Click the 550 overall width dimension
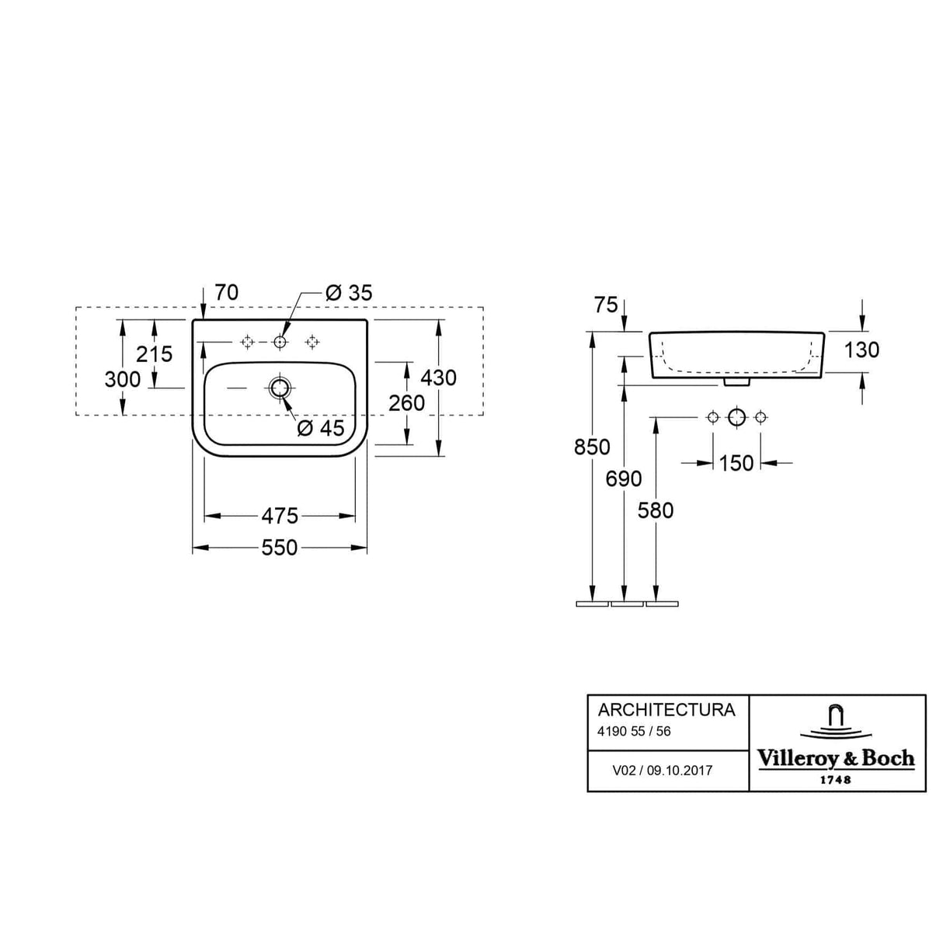tap(279, 548)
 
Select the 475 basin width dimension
tap(279, 515)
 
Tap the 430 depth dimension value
tap(438, 378)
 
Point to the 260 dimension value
tap(406, 403)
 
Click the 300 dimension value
tap(123, 379)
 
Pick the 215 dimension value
tap(154, 354)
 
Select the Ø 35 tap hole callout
tap(349, 293)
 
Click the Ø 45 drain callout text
tap(320, 428)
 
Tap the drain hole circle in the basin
tap(279, 387)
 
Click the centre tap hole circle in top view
tap(280, 342)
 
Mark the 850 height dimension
tap(592, 447)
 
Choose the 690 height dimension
tap(624, 478)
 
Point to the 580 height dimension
tap(656, 510)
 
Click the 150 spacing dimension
tap(736, 463)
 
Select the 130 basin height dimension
tap(861, 350)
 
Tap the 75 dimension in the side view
tap(606, 304)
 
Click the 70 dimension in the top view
tap(226, 293)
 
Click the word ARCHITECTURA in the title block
tap(666, 710)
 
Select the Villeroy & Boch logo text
tap(836, 759)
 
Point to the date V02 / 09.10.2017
tap(662, 771)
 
